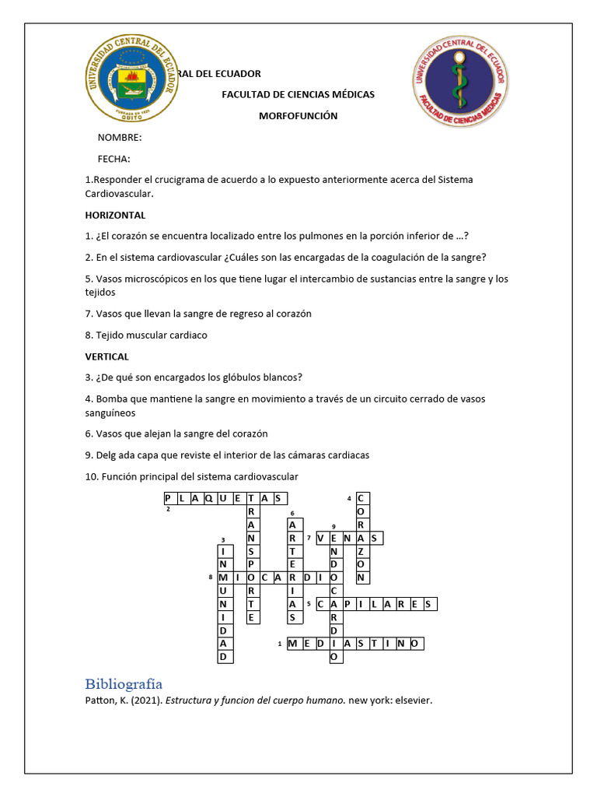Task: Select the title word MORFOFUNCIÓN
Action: click(298, 116)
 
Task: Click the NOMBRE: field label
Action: click(119, 138)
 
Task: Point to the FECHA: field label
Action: click(113, 159)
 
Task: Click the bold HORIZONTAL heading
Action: click(115, 215)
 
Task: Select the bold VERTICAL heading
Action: click(106, 356)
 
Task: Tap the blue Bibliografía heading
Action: click(124, 684)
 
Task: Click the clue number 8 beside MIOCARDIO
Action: click(211, 577)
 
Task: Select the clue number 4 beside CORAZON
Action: click(349, 498)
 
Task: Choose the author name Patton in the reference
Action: click(99, 700)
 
